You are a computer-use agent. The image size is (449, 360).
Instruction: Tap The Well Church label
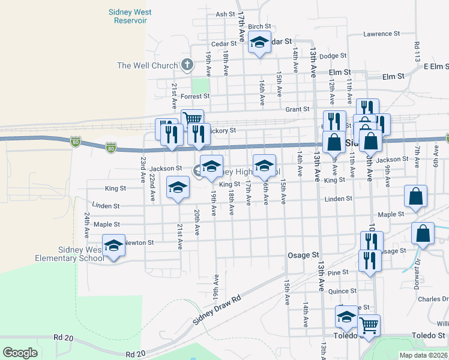coord(148,65)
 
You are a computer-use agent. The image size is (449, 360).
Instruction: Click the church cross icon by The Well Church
coord(187,64)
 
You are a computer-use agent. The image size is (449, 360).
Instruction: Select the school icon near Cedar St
coord(259,43)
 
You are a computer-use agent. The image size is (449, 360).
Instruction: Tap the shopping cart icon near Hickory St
coord(193,119)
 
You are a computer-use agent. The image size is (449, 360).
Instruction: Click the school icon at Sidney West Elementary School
coord(113,245)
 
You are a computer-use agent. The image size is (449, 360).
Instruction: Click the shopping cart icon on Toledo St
coord(369,326)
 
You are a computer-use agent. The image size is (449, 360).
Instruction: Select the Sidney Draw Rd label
coord(217,310)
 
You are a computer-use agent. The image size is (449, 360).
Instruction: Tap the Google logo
coord(20,353)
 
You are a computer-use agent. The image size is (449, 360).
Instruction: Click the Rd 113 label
coord(416,52)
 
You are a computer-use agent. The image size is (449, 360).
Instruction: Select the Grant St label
coord(297,109)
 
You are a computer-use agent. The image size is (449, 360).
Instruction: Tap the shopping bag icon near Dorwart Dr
coord(423,233)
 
